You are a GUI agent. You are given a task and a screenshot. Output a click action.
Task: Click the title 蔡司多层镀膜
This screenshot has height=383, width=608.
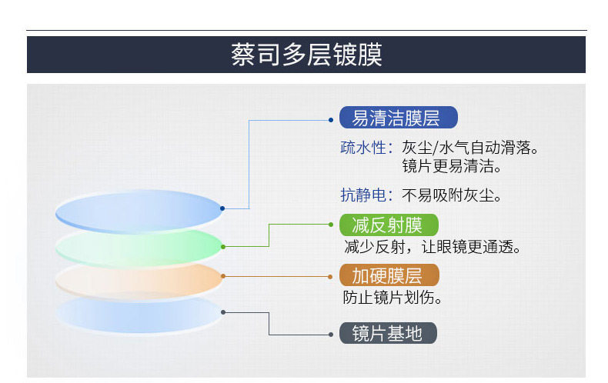(306, 55)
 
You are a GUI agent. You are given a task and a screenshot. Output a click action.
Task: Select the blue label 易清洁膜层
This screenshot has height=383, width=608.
(399, 118)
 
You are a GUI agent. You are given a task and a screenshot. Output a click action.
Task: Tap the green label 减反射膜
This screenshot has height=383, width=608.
(389, 225)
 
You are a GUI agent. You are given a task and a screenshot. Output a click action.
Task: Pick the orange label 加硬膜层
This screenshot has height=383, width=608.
(389, 275)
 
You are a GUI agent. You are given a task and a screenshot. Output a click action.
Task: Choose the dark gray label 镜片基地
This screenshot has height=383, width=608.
(388, 333)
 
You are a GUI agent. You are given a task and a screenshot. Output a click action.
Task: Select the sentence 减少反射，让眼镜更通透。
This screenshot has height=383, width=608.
(433, 247)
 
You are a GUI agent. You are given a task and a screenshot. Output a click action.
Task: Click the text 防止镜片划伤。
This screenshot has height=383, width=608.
(393, 297)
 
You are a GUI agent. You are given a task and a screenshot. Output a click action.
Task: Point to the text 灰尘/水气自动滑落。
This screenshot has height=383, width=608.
(470, 147)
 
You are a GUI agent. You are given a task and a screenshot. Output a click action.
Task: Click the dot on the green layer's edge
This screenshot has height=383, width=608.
(223, 246)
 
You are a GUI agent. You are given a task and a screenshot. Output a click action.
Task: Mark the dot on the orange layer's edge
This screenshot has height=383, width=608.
(223, 275)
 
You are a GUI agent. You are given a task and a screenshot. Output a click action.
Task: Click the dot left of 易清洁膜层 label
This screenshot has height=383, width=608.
(331, 120)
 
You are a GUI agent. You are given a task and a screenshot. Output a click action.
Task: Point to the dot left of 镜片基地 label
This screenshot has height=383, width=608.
(331, 335)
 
